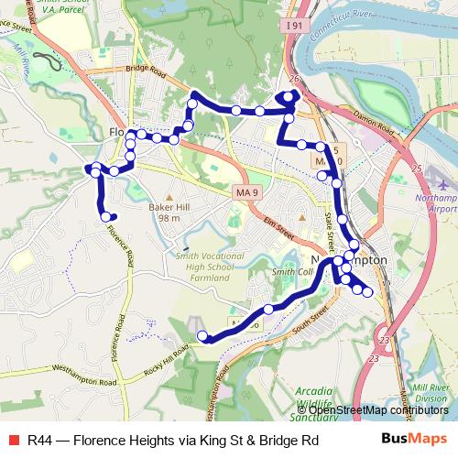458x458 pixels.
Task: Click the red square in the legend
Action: [13, 441]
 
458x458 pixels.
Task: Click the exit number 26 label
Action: [294, 80]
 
